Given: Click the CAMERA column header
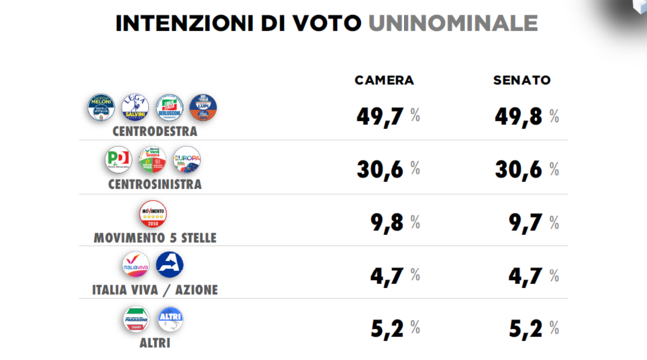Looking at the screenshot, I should [384, 81].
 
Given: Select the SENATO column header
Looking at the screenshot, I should [522, 81].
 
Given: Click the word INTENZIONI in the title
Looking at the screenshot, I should [178, 23].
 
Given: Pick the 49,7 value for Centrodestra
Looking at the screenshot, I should [379, 115].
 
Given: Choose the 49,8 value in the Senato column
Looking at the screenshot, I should [517, 115].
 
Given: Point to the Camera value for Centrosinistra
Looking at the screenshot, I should [379, 169].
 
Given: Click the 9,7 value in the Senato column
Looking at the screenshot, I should [521, 222].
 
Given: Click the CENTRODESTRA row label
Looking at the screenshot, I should [154, 130].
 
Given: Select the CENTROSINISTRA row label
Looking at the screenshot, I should [154, 184].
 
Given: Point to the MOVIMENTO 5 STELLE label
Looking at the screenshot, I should [154, 237].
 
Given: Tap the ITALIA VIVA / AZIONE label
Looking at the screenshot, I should [154, 289].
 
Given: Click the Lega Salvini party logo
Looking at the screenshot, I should [136, 107].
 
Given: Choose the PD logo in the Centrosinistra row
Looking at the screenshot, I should [119, 160].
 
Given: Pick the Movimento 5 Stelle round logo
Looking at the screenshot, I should [154, 215].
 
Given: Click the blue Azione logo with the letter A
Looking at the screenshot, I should [170, 266].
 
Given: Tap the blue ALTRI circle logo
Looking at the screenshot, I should [170, 319].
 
